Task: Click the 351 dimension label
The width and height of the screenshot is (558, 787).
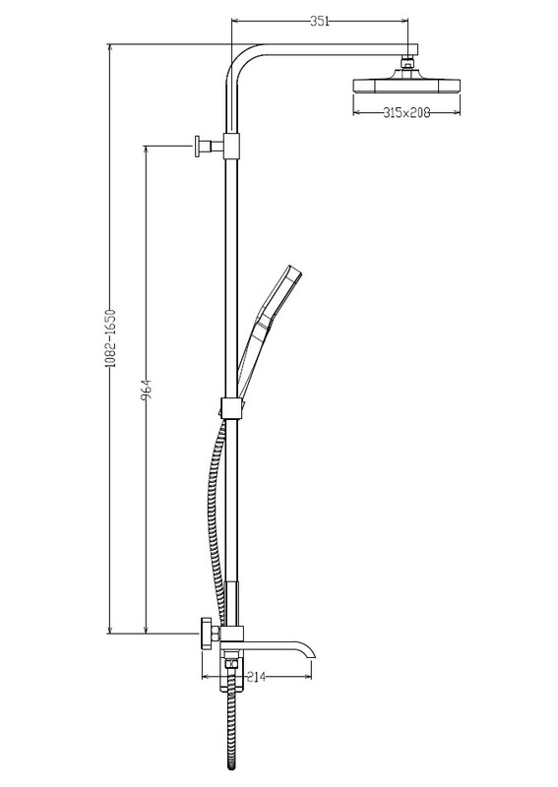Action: point(320,21)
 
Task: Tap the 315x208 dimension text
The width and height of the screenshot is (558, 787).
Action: point(406,112)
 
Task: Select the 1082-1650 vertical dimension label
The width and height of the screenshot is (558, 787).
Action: point(111,338)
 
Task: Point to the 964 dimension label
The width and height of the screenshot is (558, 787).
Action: point(147,390)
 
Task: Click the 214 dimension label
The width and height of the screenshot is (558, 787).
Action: point(256,677)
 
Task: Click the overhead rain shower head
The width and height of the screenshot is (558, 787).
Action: point(406,85)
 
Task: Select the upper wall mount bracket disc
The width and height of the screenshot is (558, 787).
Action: point(198,146)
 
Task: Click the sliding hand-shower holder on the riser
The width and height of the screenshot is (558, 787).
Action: point(231,407)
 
